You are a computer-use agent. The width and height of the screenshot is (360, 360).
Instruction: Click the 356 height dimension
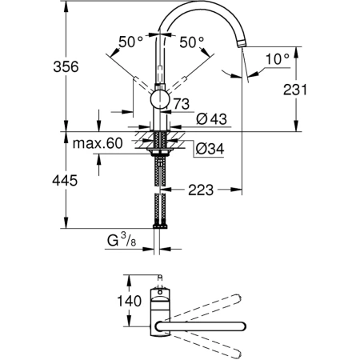coord(66,66)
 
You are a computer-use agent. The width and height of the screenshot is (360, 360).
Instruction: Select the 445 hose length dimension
coord(65,181)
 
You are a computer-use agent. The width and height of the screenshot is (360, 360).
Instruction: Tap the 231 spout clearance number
coord(295,90)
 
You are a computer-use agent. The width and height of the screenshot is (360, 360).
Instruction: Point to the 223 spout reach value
coord(201,190)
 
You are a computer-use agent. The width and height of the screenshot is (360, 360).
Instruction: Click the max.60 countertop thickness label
coord(98,143)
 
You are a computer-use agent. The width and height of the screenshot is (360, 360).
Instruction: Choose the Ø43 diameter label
coord(211,118)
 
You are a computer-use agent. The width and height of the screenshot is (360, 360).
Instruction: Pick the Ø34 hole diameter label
coord(210,149)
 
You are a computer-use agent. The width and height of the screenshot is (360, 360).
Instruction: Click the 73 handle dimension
coord(182,104)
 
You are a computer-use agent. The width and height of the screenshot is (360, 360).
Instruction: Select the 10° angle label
coord(278,59)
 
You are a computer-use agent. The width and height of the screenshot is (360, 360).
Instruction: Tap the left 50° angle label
coord(130,42)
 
